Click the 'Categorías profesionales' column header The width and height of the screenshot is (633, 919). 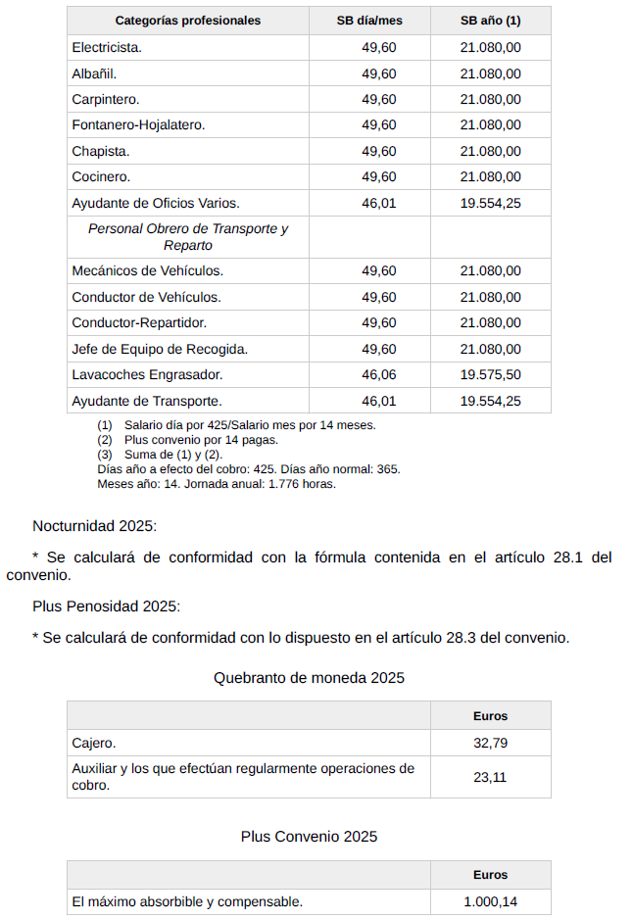[187, 21]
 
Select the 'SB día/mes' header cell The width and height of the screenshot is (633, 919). [369, 21]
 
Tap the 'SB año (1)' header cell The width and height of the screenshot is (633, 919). [490, 21]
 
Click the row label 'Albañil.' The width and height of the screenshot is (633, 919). [94, 73]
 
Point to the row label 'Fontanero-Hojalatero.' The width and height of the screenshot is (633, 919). [138, 125]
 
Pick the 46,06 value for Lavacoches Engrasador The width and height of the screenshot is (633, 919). [379, 375]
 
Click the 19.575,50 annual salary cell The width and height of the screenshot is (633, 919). [490, 375]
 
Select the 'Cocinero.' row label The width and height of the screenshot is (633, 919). [101, 177]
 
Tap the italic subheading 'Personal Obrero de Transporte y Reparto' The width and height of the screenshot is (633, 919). [187, 236]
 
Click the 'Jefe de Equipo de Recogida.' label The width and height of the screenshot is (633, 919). [160, 349]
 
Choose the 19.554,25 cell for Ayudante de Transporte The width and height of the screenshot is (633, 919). [490, 401]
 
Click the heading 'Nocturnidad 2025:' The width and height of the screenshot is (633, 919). [94, 526]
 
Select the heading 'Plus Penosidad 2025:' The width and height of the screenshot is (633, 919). [106, 606]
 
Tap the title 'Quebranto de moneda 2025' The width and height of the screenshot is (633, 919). [309, 678]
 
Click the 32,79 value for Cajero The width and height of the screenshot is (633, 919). [490, 743]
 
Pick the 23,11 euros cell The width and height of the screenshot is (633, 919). [490, 778]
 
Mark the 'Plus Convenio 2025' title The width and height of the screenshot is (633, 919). [309, 837]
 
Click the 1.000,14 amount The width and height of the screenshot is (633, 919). [490, 902]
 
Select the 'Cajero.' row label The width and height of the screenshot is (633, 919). [94, 743]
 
